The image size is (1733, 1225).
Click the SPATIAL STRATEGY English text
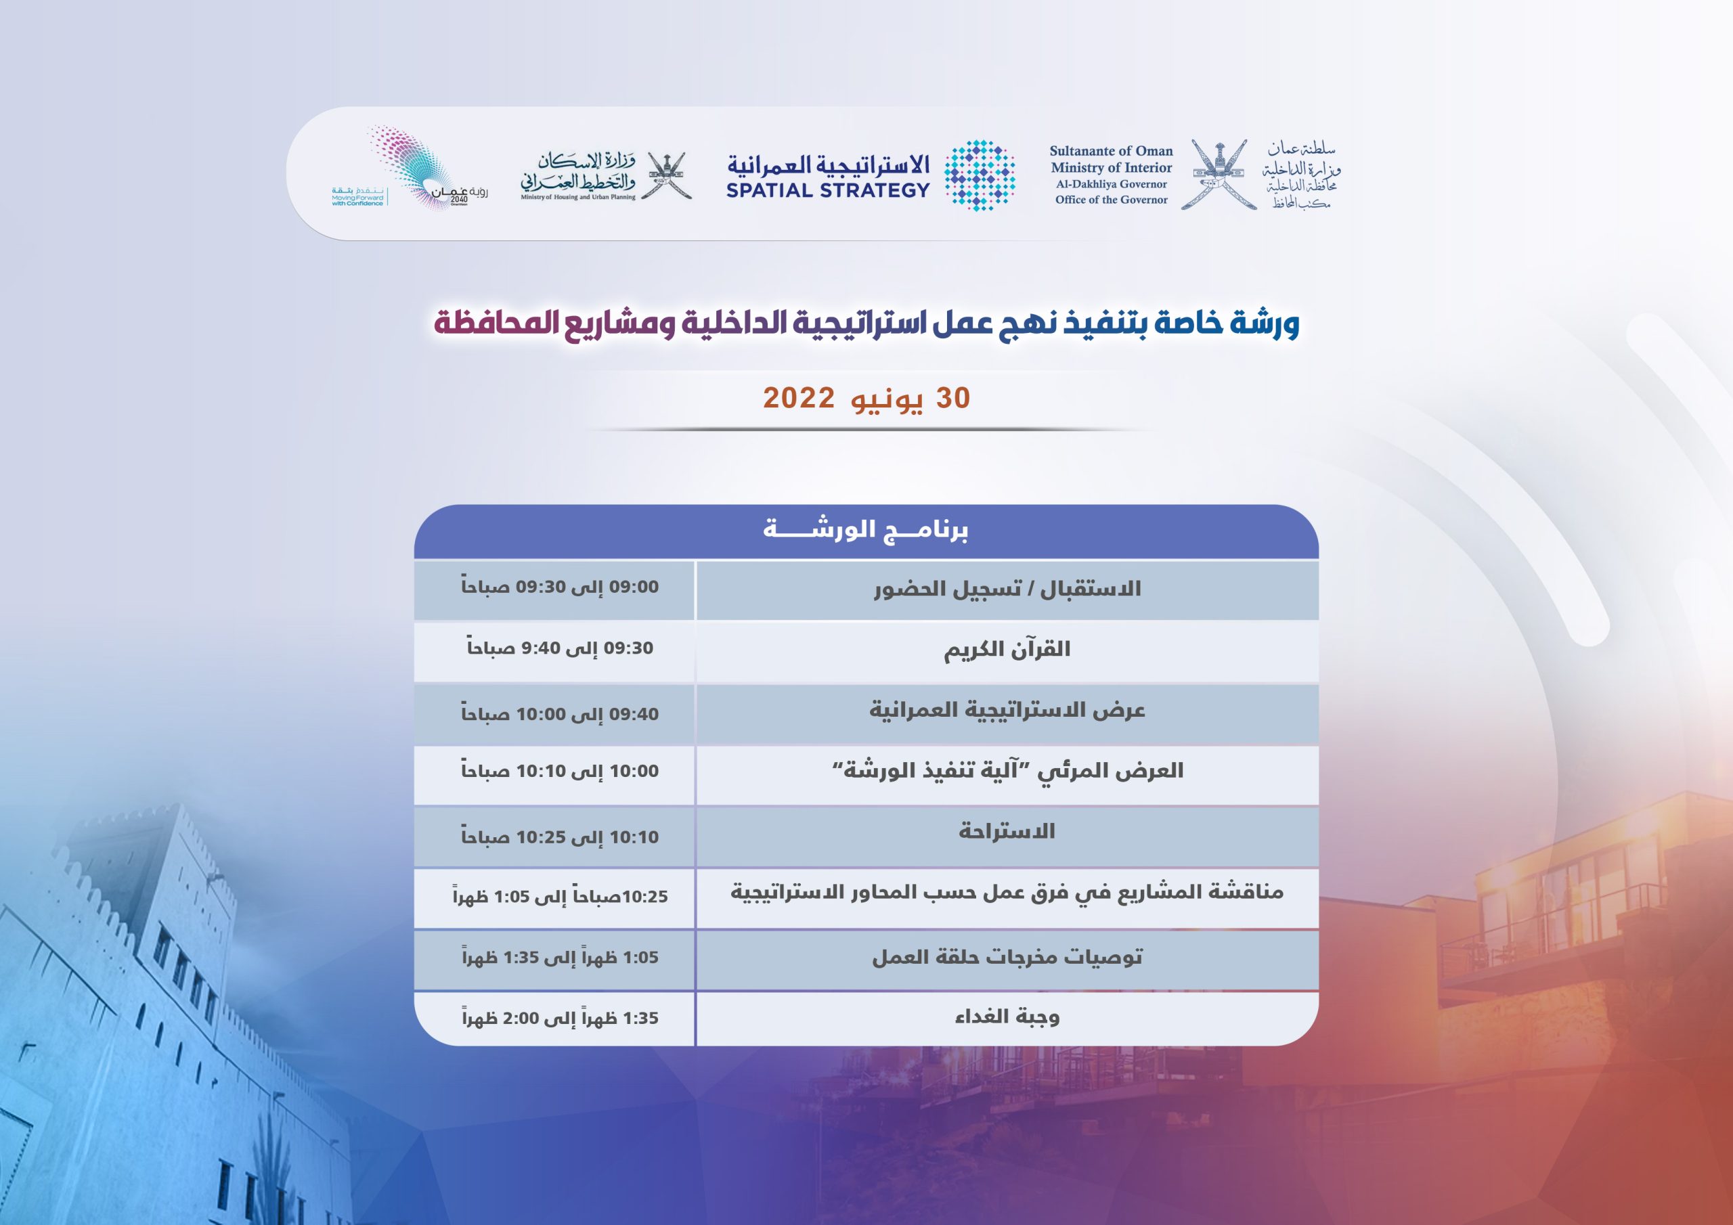pyautogui.click(x=828, y=190)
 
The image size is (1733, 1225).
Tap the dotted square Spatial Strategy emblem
pyautogui.click(x=980, y=175)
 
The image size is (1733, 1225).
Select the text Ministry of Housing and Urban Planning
pyautogui.click(x=578, y=197)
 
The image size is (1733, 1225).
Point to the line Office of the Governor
pyautogui.click(x=1111, y=200)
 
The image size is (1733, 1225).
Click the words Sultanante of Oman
pyautogui.click(x=1111, y=151)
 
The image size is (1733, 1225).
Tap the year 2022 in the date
pyautogui.click(x=799, y=398)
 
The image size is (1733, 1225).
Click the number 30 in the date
pyautogui.click(x=953, y=398)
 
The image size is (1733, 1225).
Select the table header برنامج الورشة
pyautogui.click(x=866, y=529)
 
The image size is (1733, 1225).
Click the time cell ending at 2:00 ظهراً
pyautogui.click(x=560, y=1017)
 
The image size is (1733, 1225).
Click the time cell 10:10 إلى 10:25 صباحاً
pyautogui.click(x=559, y=837)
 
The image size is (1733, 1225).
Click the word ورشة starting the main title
pyautogui.click(x=1265, y=323)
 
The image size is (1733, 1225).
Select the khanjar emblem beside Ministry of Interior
pyautogui.click(x=1219, y=175)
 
